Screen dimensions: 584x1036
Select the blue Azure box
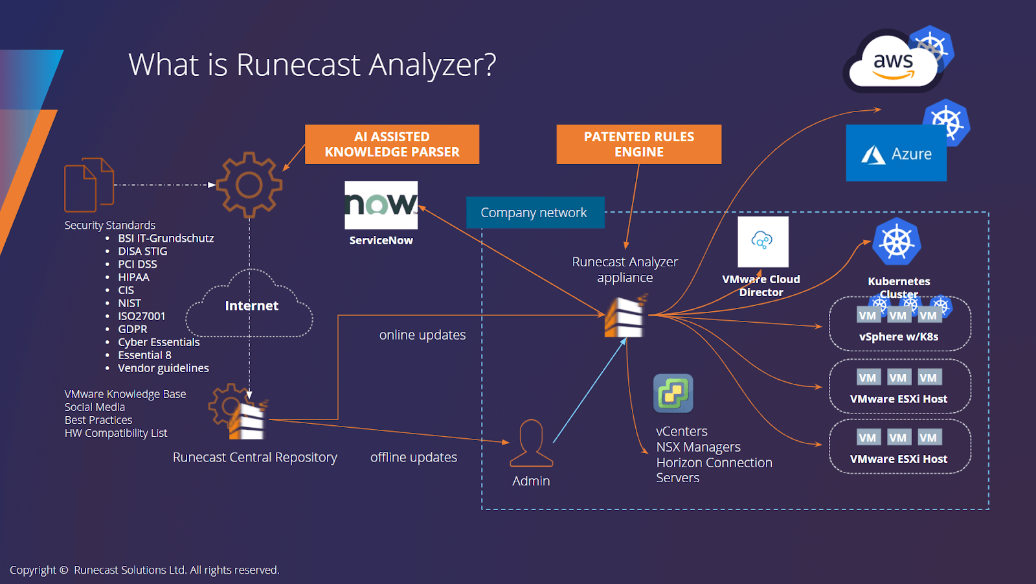click(x=896, y=154)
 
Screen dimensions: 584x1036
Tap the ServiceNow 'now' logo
click(x=381, y=205)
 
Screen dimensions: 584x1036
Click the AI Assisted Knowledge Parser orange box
click(x=392, y=145)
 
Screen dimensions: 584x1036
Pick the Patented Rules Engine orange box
click(x=638, y=145)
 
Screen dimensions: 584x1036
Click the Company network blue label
click(x=535, y=213)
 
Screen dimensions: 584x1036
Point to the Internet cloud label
click(x=251, y=306)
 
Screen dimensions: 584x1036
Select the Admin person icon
click(x=531, y=443)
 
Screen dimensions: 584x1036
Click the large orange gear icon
click(x=249, y=185)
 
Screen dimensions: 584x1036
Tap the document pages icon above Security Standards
click(x=89, y=185)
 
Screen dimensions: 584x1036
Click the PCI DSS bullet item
click(x=137, y=264)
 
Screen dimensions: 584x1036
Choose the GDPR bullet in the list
click(x=132, y=329)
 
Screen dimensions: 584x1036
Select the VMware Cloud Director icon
click(x=763, y=242)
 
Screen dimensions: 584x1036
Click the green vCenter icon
click(x=673, y=393)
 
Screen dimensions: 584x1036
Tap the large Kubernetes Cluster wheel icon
click(x=897, y=242)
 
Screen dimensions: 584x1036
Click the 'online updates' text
click(x=422, y=335)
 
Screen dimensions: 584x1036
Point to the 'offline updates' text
click(x=413, y=458)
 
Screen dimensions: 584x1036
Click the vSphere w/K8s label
click(x=898, y=337)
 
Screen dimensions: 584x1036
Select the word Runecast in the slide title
click(x=298, y=65)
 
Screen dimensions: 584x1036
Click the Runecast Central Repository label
click(x=254, y=458)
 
